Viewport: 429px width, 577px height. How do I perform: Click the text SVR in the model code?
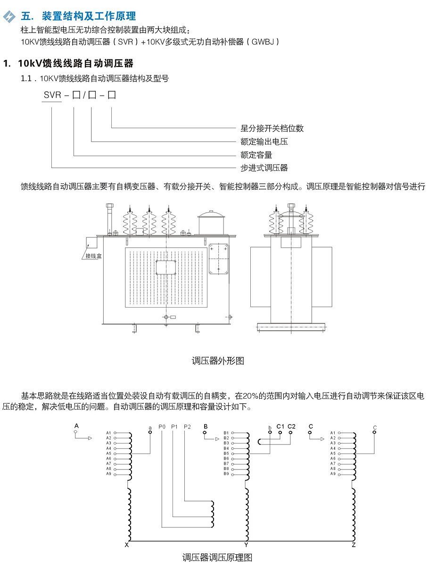(52, 95)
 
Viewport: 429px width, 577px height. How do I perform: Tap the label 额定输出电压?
(264, 142)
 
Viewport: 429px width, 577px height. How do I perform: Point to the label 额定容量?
(256, 155)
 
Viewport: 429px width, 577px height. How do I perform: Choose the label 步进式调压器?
(264, 167)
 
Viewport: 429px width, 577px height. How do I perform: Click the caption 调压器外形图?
(218, 361)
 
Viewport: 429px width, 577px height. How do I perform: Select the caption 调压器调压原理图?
(217, 558)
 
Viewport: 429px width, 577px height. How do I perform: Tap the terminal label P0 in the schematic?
(162, 426)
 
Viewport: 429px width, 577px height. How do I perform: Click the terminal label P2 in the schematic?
(187, 426)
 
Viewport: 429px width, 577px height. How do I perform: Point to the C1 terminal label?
(280, 426)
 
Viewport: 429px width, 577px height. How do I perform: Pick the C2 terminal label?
(291, 426)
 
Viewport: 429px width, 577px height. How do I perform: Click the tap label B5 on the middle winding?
(226, 453)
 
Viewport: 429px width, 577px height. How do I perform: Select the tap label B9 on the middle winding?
(226, 474)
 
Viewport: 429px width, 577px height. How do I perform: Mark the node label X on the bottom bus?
(127, 545)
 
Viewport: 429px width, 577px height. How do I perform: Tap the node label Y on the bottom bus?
(246, 545)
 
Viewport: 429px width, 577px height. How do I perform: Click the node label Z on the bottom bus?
(354, 545)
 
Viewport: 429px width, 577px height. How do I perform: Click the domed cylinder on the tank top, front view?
(212, 222)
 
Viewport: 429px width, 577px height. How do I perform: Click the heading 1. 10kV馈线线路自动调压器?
(68, 63)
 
